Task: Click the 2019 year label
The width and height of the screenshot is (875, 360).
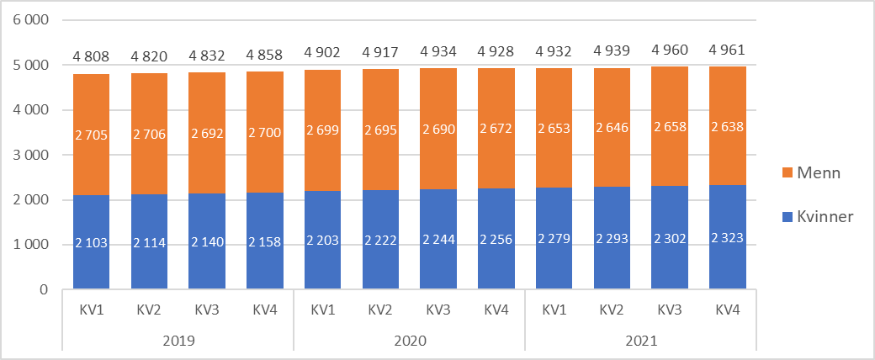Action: pyautogui.click(x=178, y=341)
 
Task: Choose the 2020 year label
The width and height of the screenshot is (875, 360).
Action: pyautogui.click(x=409, y=341)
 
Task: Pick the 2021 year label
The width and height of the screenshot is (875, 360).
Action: pyautogui.click(x=641, y=341)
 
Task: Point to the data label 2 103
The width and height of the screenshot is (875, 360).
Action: pyautogui.click(x=91, y=242)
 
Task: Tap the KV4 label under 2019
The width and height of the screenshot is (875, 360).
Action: pyautogui.click(x=265, y=309)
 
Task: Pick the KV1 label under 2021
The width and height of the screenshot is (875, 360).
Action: pyautogui.click(x=554, y=309)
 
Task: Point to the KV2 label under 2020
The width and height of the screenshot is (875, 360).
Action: pyautogui.click(x=380, y=309)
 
